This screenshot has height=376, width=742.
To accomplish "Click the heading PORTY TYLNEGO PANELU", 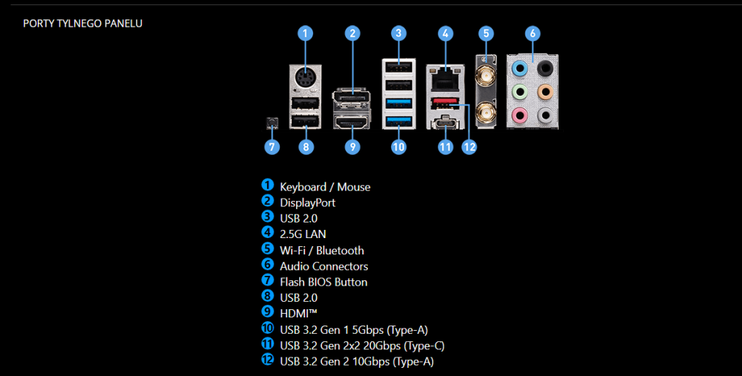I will tap(82, 24).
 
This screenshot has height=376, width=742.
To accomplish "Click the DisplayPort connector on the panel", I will tap(352, 101).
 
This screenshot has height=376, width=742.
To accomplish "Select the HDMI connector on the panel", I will tap(352, 122).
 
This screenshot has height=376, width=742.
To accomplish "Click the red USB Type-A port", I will tap(444, 102).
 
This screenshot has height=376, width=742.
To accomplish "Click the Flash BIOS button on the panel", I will tap(272, 121).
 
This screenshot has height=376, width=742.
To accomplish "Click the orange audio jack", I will tap(545, 92).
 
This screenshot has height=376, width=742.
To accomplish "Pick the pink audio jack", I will tap(522, 115).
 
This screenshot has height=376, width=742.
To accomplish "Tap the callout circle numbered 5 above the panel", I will tap(486, 33).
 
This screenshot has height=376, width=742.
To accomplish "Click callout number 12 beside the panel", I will tap(468, 146).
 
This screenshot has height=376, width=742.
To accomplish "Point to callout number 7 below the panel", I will tap(272, 146).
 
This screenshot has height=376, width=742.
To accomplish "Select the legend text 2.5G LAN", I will tap(303, 234).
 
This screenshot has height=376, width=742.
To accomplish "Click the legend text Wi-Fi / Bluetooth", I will tap(321, 250).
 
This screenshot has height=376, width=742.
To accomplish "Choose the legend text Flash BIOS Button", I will tap(323, 282).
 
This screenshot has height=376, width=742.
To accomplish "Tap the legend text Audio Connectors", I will tap(324, 266).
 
